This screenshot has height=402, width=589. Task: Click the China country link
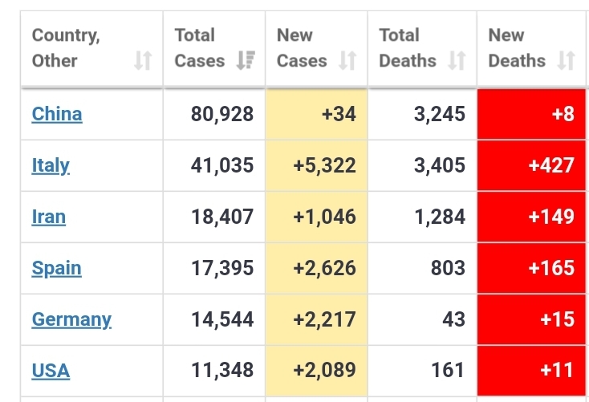coord(57,114)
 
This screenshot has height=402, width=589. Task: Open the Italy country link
coord(51,165)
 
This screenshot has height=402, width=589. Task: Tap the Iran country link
coord(49,217)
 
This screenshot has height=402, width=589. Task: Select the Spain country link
coord(56,268)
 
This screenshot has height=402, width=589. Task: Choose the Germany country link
coord(71,319)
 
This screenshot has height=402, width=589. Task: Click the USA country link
coord(51,371)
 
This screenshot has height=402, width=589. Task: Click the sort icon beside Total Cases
coord(246,61)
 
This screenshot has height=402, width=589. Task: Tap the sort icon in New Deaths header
coord(566,61)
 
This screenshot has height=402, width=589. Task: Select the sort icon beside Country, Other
coord(142,61)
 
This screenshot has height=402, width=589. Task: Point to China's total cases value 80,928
coord(222,114)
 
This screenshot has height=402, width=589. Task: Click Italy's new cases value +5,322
coord(322,165)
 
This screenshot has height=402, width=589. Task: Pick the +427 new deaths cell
coord(551,165)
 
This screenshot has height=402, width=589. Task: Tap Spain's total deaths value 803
coord(448,268)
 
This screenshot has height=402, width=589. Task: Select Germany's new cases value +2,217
coord(322,319)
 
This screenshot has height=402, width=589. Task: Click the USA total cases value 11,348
coord(222,371)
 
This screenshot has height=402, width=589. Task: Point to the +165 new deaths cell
coord(551,268)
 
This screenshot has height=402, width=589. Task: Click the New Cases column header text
coord(302,48)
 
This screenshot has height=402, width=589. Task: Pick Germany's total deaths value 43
coord(453,319)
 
